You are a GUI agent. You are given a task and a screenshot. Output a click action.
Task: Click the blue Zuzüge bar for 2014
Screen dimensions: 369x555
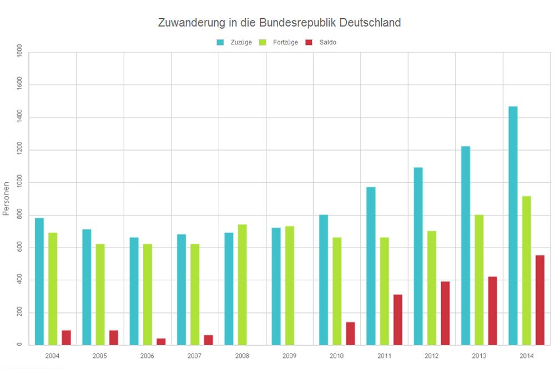513,225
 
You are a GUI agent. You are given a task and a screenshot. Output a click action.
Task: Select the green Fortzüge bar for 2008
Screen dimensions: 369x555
243,284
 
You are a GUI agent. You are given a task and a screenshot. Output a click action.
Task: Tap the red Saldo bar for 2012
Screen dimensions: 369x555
445,313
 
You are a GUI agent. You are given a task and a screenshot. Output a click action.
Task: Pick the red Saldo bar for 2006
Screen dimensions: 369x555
161,341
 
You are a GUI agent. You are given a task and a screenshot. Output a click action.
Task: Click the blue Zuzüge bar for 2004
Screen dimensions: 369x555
39,281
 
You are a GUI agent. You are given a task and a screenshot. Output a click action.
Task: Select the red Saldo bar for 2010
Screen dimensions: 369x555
350,333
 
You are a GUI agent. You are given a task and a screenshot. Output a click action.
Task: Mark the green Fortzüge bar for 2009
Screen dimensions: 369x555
290,285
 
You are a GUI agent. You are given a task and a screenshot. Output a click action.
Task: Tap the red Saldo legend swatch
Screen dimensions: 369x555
309,42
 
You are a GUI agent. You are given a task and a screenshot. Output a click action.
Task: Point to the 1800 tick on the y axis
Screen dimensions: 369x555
20,53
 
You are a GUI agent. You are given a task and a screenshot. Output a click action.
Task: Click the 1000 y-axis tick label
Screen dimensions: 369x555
20,183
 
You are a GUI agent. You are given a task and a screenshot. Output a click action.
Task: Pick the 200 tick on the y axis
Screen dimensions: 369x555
20,313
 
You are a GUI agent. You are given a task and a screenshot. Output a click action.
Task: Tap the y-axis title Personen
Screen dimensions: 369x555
6,198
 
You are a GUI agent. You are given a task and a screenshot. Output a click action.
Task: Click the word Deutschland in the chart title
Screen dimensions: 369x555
370,23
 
